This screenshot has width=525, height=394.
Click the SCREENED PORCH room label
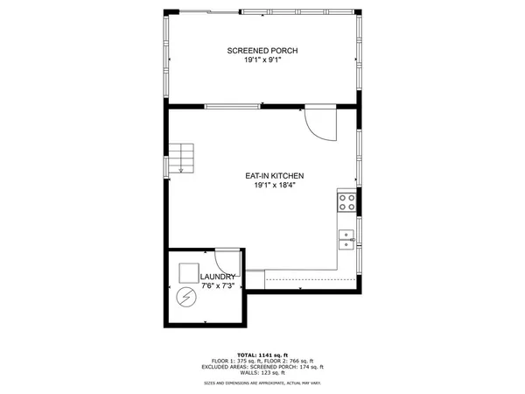pos(262,51)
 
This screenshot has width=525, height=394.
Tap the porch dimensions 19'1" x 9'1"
pos(262,60)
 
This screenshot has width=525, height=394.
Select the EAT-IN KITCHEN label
pos(274,176)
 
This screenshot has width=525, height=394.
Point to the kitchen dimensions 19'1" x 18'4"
pos(274,186)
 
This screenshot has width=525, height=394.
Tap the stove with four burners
pos(346,203)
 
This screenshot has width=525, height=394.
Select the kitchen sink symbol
pos(346,237)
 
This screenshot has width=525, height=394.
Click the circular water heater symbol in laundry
pos(185,299)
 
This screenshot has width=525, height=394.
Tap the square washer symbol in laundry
pos(188,272)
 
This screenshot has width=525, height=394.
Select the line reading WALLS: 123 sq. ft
pos(262,374)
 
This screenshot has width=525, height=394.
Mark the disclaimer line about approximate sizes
pos(262,383)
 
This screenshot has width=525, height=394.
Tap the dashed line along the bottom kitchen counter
pos(302,278)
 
